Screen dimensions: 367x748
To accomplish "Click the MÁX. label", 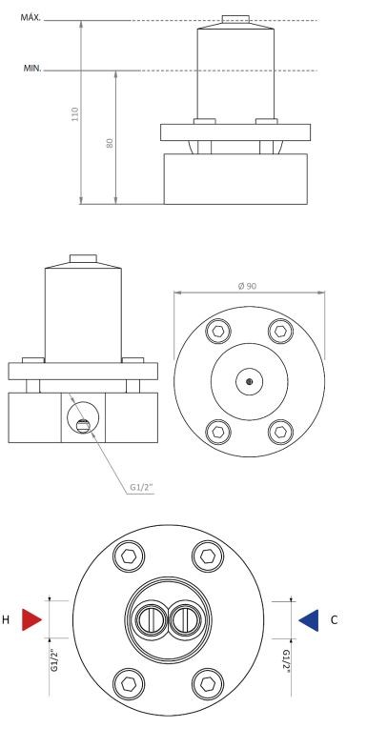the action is [x=31, y=18].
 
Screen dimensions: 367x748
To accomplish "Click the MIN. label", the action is [x=32, y=69].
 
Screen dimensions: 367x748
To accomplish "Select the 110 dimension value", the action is [x=74, y=114].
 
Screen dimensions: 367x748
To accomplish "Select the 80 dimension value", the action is [x=110, y=143].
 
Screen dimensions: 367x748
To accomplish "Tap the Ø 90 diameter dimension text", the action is [x=247, y=286].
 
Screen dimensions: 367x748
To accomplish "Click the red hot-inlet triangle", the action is [x=31, y=619].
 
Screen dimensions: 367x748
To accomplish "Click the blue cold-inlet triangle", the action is [x=309, y=620].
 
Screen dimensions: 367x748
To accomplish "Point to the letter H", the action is [x=6, y=620].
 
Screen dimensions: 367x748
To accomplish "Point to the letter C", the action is [x=334, y=620].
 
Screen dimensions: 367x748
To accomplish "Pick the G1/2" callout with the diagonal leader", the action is [x=142, y=488].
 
